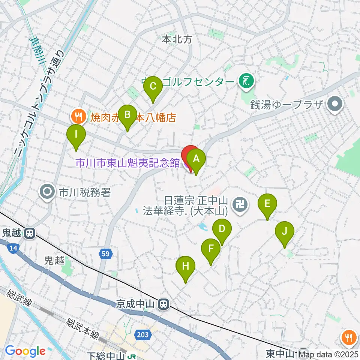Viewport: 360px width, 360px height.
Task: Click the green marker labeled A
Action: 196,159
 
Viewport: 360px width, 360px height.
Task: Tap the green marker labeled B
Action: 127,114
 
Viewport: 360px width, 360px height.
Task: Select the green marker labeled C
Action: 153,86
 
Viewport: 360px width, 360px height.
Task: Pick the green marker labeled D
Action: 222,228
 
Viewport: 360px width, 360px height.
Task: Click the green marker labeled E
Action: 267,203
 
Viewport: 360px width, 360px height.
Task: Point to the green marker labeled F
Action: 211,248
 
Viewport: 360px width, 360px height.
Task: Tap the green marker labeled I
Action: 76,134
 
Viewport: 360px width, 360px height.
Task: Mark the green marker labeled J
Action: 285,231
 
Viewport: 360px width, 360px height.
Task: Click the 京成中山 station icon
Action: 163,304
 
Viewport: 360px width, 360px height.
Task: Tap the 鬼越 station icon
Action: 29,234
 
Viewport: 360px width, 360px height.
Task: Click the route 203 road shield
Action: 142,334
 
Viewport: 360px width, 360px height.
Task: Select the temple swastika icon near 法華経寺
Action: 239,205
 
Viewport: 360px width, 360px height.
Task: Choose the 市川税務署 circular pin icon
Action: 48,193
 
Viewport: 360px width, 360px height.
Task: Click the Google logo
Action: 25,351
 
